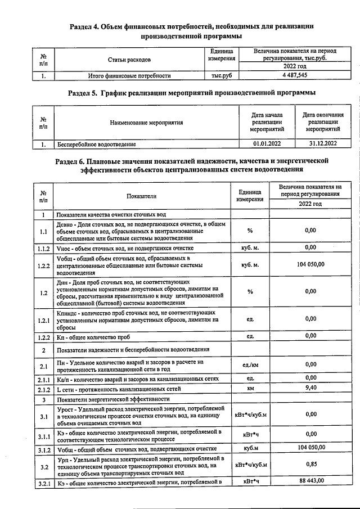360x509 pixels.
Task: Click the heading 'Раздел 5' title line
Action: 191,92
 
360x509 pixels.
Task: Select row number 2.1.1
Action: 43,378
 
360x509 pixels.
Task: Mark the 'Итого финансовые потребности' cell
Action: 129,74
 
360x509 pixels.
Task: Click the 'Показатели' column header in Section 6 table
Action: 142,195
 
